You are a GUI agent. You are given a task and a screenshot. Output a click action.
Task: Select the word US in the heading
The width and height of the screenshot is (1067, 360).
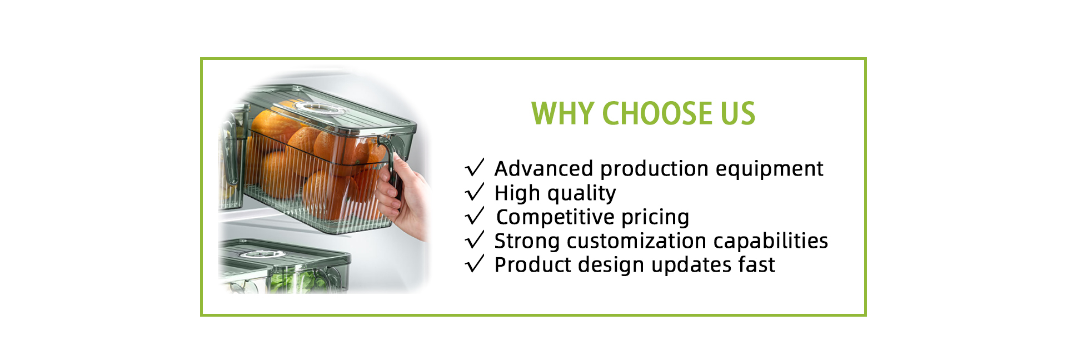738,113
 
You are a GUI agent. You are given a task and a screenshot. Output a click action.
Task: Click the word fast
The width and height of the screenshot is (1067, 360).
757,264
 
